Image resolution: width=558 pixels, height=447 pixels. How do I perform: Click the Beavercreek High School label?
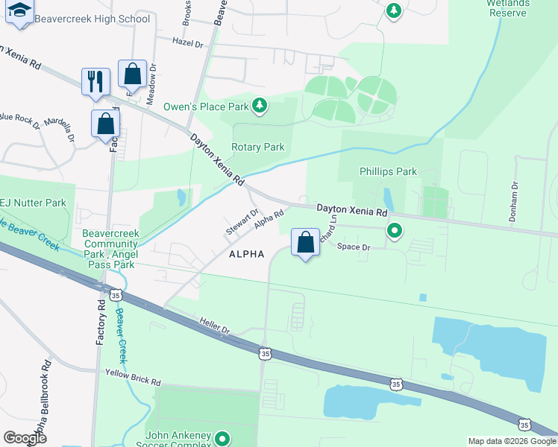93,19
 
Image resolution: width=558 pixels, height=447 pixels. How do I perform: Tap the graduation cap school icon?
19,11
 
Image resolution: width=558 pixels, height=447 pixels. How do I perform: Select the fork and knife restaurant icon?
95,81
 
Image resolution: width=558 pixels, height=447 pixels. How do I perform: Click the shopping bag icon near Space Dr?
305,242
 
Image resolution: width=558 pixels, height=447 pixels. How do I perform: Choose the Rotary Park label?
257,147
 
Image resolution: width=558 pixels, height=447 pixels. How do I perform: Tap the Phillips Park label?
388,171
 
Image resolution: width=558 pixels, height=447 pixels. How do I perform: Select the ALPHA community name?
247,254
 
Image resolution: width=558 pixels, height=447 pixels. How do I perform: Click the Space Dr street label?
354,247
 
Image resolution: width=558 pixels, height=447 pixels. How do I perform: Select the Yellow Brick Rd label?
133,377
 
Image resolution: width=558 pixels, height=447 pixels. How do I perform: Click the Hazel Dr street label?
187,43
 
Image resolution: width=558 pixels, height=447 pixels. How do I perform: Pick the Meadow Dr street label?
153,77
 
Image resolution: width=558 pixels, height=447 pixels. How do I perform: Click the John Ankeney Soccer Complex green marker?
222,438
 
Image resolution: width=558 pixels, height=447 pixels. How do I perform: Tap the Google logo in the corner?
25,437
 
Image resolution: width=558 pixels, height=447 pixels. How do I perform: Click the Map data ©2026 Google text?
511,441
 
